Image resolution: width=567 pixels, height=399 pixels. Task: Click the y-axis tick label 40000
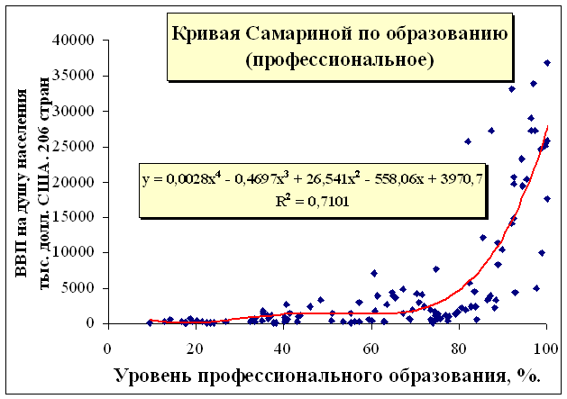76,41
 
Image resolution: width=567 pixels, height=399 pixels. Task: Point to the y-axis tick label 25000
76,147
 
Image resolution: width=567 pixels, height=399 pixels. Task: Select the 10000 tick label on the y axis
76,253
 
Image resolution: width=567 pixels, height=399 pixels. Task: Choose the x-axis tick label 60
370,348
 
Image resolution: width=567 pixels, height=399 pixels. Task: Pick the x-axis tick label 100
544,348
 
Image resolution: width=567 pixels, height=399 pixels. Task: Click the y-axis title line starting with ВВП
25,189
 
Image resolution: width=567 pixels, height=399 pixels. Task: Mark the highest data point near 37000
546,63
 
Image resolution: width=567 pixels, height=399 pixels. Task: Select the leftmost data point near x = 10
151,322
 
